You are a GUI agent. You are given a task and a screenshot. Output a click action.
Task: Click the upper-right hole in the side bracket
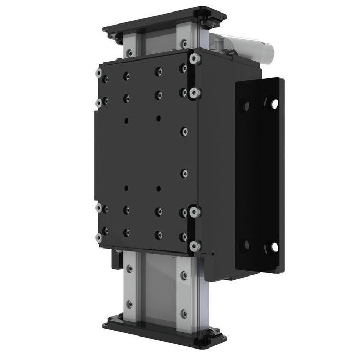(274, 104)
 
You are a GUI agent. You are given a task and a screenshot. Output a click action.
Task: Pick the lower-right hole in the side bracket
(273, 247)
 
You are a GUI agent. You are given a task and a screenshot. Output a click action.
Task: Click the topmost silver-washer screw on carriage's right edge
(195, 58)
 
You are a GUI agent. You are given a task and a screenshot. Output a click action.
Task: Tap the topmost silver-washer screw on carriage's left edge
(99, 73)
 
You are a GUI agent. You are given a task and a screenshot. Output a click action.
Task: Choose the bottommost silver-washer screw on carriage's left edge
(99, 237)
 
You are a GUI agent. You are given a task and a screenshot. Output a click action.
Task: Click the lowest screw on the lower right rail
(184, 314)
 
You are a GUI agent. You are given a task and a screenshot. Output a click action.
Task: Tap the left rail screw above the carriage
(129, 53)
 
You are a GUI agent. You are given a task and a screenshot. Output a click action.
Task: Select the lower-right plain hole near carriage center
(158, 188)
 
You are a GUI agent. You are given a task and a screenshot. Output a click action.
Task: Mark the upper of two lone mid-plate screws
(184, 131)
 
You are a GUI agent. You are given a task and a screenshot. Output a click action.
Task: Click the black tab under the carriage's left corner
(118, 256)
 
